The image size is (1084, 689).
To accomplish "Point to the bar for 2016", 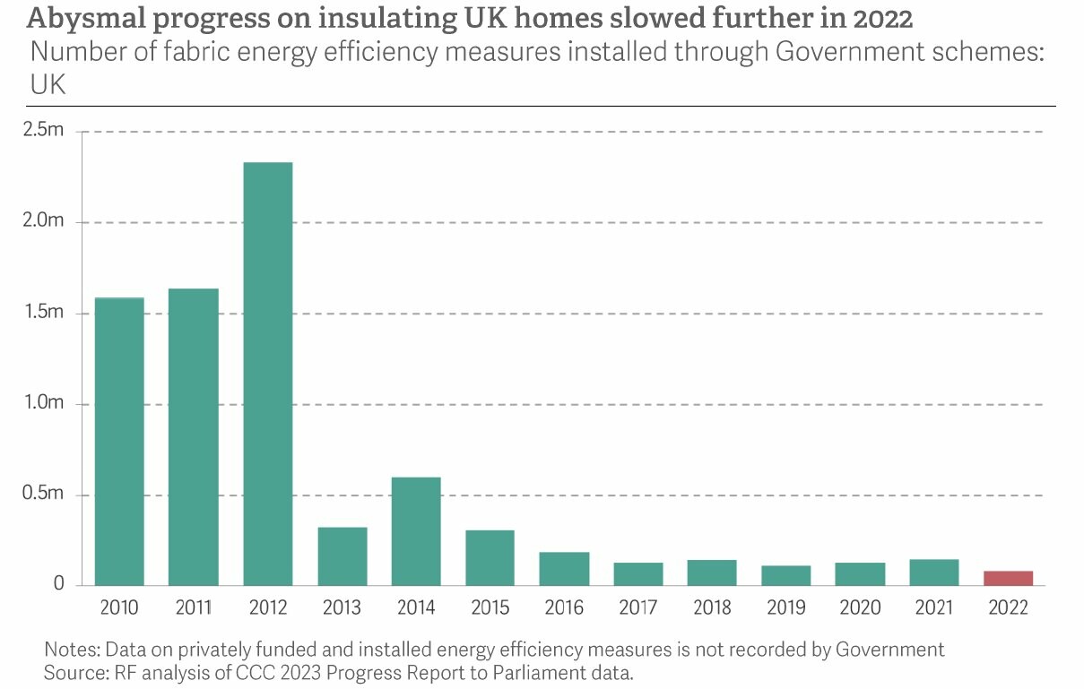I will tap(564, 568).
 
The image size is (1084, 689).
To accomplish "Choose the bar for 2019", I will tap(786, 575).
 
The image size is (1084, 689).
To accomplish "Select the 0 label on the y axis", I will tap(58, 585).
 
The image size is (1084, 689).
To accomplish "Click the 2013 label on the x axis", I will tap(342, 608).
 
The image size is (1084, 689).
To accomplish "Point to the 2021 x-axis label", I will tap(934, 608).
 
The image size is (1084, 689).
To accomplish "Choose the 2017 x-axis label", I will tap(637, 608).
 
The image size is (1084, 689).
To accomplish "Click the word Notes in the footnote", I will tap(69, 649).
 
